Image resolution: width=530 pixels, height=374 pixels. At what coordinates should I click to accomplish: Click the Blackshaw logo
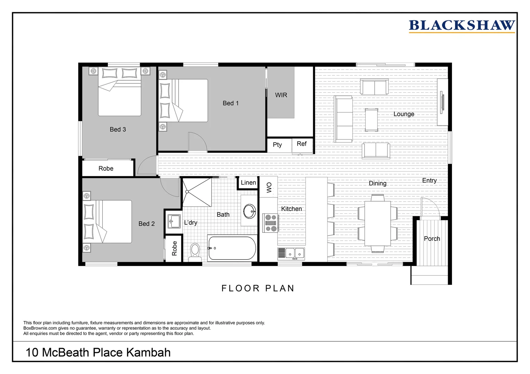click(462, 26)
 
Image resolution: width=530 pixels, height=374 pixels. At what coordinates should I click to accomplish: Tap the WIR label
click(281, 95)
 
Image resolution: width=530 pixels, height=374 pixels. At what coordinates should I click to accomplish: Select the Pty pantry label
click(277, 145)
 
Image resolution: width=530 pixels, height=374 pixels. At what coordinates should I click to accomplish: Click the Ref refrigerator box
click(302, 145)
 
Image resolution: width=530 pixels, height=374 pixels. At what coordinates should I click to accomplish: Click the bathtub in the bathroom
click(232, 248)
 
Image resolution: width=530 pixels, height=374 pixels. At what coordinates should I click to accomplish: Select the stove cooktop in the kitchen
click(271, 223)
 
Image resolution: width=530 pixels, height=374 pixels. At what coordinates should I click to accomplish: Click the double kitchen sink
click(291, 254)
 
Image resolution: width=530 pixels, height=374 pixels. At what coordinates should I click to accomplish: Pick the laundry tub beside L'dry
click(174, 221)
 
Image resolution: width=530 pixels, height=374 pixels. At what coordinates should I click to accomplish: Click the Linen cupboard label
click(248, 182)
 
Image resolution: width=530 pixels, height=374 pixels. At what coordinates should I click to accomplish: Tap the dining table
click(378, 223)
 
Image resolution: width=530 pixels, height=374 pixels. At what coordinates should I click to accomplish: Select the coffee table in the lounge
click(371, 120)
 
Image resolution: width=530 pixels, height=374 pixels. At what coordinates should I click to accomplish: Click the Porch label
click(432, 239)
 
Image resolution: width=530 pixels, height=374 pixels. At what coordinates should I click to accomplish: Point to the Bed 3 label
click(118, 129)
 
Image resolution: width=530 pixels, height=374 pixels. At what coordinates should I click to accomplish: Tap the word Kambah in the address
click(148, 352)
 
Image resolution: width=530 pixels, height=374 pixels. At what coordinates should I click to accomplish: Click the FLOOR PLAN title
click(258, 288)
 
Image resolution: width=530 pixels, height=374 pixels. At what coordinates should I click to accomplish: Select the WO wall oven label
click(269, 187)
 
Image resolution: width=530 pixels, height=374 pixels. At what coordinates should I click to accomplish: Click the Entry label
click(429, 180)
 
